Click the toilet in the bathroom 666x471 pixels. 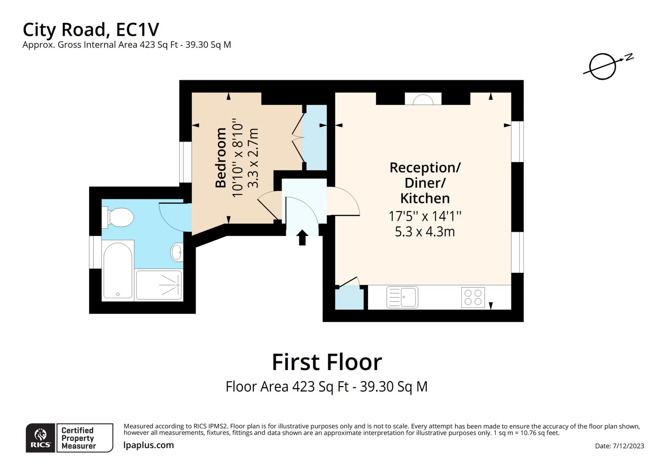click(x=118, y=218)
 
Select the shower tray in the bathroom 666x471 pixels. click(x=159, y=285)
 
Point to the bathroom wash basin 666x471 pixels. click(x=177, y=252)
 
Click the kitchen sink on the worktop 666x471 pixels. click(x=402, y=297)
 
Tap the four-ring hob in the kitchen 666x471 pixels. click(x=473, y=297)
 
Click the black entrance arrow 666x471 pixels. click(x=302, y=238)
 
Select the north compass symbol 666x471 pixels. click(x=608, y=66)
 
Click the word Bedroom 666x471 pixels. click(x=221, y=158)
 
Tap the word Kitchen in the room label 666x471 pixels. click(x=425, y=198)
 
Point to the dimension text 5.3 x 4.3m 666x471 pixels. click(x=425, y=232)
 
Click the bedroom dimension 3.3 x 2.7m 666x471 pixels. click(x=253, y=158)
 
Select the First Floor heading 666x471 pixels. click(x=327, y=362)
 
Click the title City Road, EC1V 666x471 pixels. click(x=91, y=30)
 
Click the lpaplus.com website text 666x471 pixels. click(x=149, y=445)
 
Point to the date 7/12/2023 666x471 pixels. click(x=628, y=446)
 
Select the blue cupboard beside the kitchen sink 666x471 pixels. click(x=349, y=297)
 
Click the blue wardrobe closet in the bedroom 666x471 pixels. click(x=315, y=137)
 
